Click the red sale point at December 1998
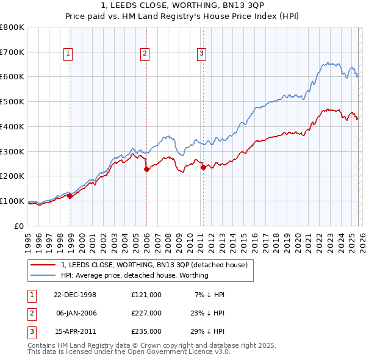click(70, 196)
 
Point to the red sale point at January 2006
click(146, 170)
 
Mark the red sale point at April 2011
click(203, 167)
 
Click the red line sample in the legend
click(43, 265)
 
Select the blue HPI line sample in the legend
click(43, 276)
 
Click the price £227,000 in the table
click(146, 312)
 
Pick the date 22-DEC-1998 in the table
click(75, 295)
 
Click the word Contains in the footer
click(43, 345)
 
